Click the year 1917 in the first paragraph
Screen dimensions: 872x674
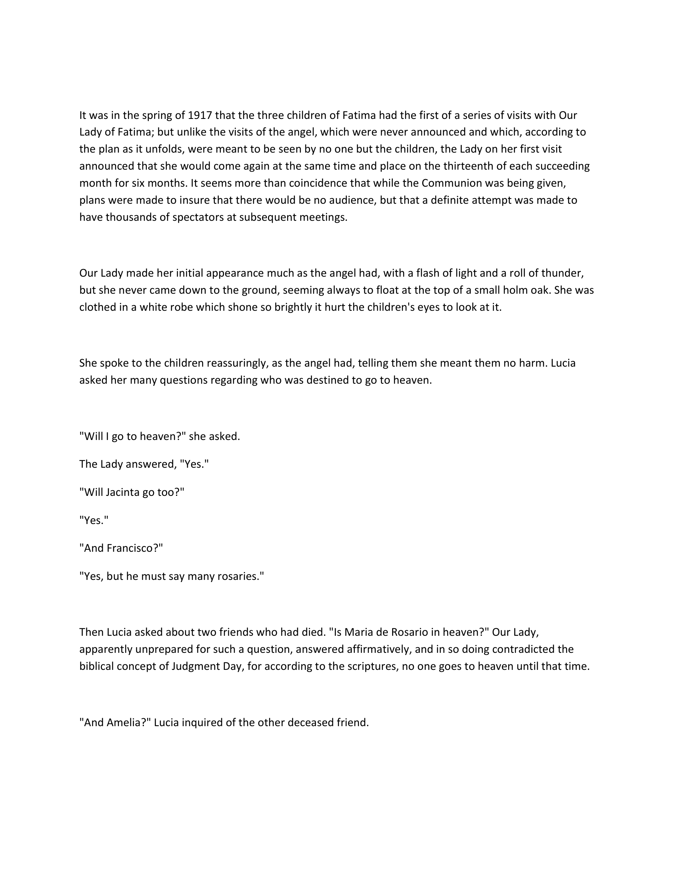(200, 115)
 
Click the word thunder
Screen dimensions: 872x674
(562, 273)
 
